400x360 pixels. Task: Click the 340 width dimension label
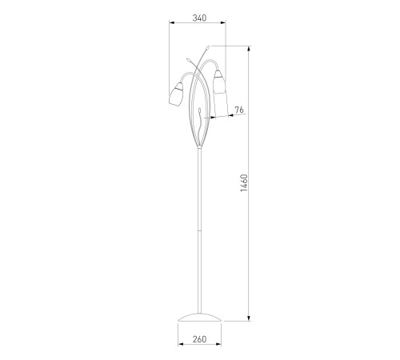point(199,18)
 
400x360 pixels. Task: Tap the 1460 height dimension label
point(244,183)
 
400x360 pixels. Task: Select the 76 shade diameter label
point(239,110)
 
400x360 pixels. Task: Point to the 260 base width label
point(199,339)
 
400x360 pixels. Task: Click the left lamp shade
point(176,94)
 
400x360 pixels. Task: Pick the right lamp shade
point(219,82)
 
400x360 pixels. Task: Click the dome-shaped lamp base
point(199,317)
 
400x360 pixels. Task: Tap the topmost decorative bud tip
point(207,48)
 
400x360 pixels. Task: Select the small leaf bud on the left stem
point(188,60)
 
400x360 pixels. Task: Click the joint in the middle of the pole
point(199,230)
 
